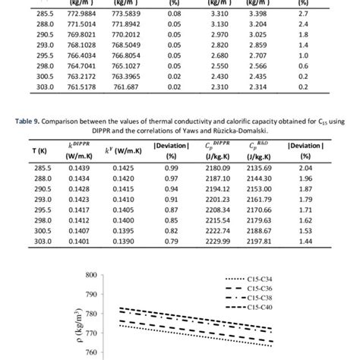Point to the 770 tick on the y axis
coord(91,333)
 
